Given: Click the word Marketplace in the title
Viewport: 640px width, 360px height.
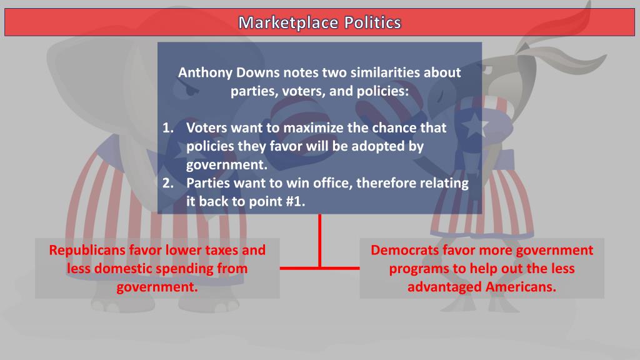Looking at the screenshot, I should point(289,23).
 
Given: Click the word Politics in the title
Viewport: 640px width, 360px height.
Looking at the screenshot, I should point(372,23).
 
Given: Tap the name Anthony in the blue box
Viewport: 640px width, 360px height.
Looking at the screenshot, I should point(203,72).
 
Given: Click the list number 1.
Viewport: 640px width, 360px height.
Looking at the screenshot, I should point(167,128).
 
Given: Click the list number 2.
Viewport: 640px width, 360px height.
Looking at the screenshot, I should point(167,183).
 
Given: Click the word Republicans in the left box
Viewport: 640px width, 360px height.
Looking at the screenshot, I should point(87,251).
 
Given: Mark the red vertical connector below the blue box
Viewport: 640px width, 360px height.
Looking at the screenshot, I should point(320,241).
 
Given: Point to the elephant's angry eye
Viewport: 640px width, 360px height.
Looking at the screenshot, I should point(191,91).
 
